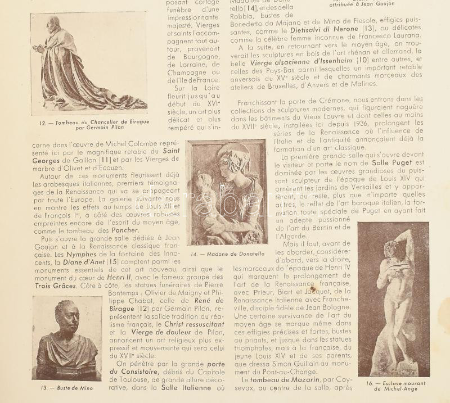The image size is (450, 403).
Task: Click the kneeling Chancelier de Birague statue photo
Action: tap(89, 63)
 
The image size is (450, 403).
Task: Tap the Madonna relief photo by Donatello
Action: tap(227, 191)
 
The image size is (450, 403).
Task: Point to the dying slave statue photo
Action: tap(393, 298)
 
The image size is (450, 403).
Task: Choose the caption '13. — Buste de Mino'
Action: tap(67, 388)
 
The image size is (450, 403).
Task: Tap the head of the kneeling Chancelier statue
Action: tap(52, 24)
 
